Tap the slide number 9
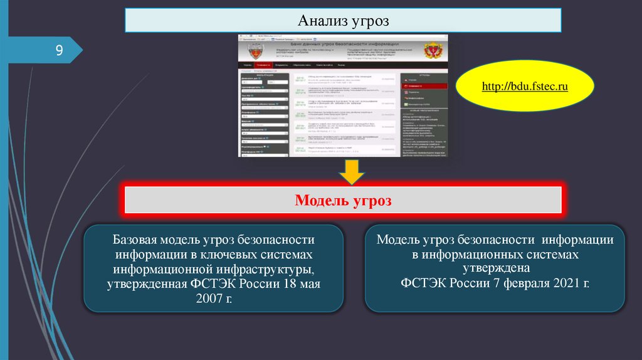coord(59,50)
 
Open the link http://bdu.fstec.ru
coord(525,87)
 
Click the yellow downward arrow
coord(353,172)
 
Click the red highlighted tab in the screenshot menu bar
coord(263,65)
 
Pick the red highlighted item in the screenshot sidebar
coord(424,86)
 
